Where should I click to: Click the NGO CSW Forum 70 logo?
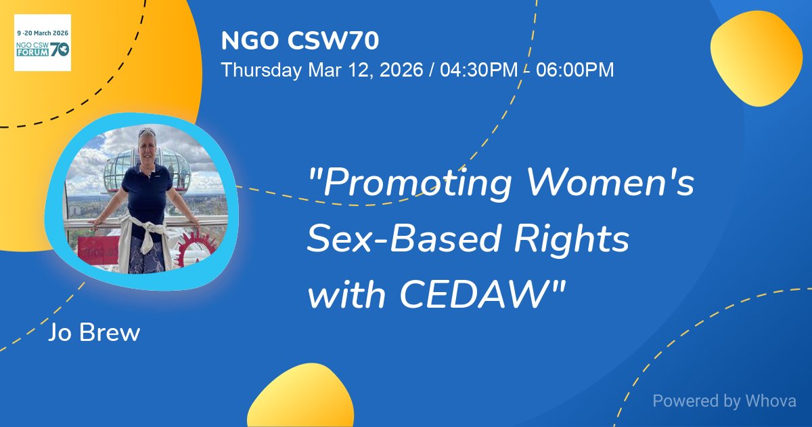click(43, 43)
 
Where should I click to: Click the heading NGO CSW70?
click(300, 41)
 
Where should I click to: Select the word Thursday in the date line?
click(262, 70)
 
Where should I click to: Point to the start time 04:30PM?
click(478, 70)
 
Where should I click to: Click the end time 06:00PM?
click(574, 70)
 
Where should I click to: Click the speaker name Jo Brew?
click(94, 333)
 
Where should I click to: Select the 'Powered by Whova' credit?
click(724, 401)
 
